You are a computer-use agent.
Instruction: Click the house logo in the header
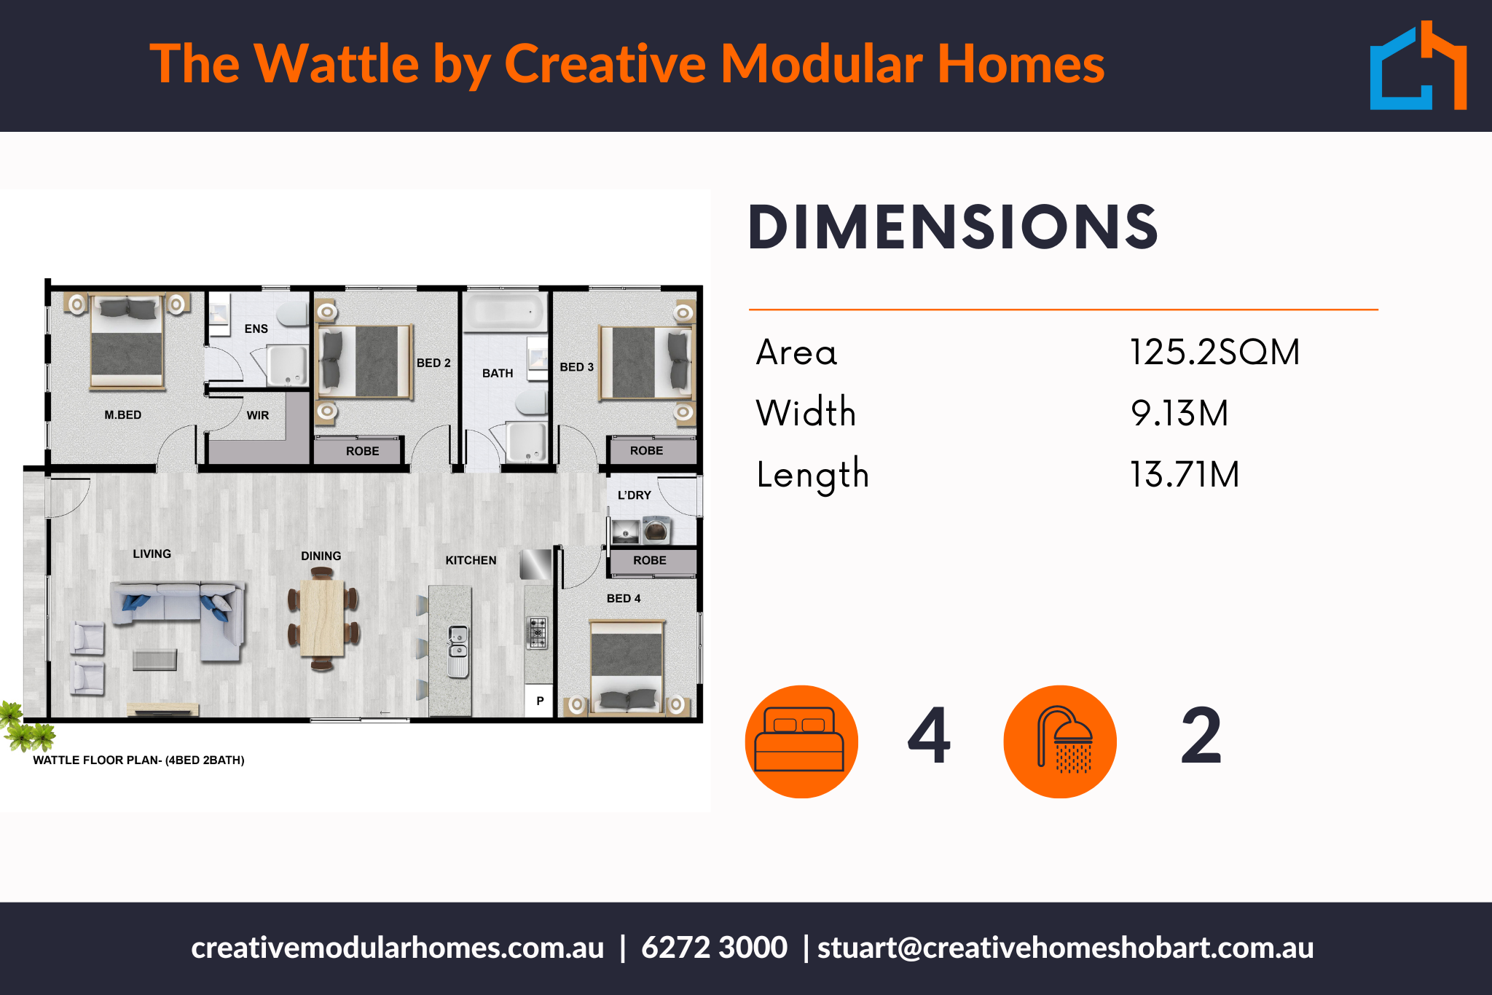[x=1418, y=66]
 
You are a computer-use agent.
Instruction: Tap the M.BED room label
[x=122, y=415]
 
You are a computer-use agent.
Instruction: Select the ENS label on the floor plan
[x=256, y=329]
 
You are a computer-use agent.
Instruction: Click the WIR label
[x=258, y=415]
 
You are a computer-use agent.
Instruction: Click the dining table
[x=321, y=618]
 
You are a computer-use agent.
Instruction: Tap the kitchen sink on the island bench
[x=458, y=650]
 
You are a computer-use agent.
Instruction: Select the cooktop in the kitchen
[x=538, y=633]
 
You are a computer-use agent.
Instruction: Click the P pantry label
[x=540, y=701]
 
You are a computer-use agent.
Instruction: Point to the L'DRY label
[x=634, y=495]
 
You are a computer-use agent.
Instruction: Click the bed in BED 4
[x=627, y=666]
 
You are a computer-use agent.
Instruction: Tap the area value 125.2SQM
[x=1214, y=352]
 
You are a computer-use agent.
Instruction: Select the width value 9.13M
[x=1179, y=413]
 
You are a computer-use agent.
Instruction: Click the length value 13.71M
[x=1185, y=474]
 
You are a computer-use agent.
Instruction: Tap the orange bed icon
[x=801, y=742]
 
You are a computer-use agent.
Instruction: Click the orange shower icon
[x=1060, y=742]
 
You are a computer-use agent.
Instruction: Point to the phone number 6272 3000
[x=714, y=948]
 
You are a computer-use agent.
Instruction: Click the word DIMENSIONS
[x=953, y=227]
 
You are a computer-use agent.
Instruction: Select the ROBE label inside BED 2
[x=362, y=452]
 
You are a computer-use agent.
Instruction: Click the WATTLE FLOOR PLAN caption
[x=138, y=760]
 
